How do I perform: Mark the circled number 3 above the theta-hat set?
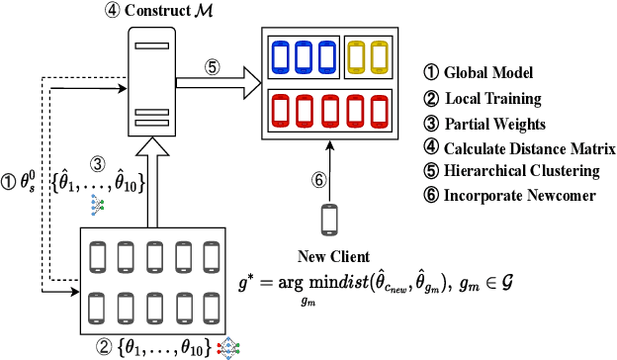[x=97, y=163]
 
